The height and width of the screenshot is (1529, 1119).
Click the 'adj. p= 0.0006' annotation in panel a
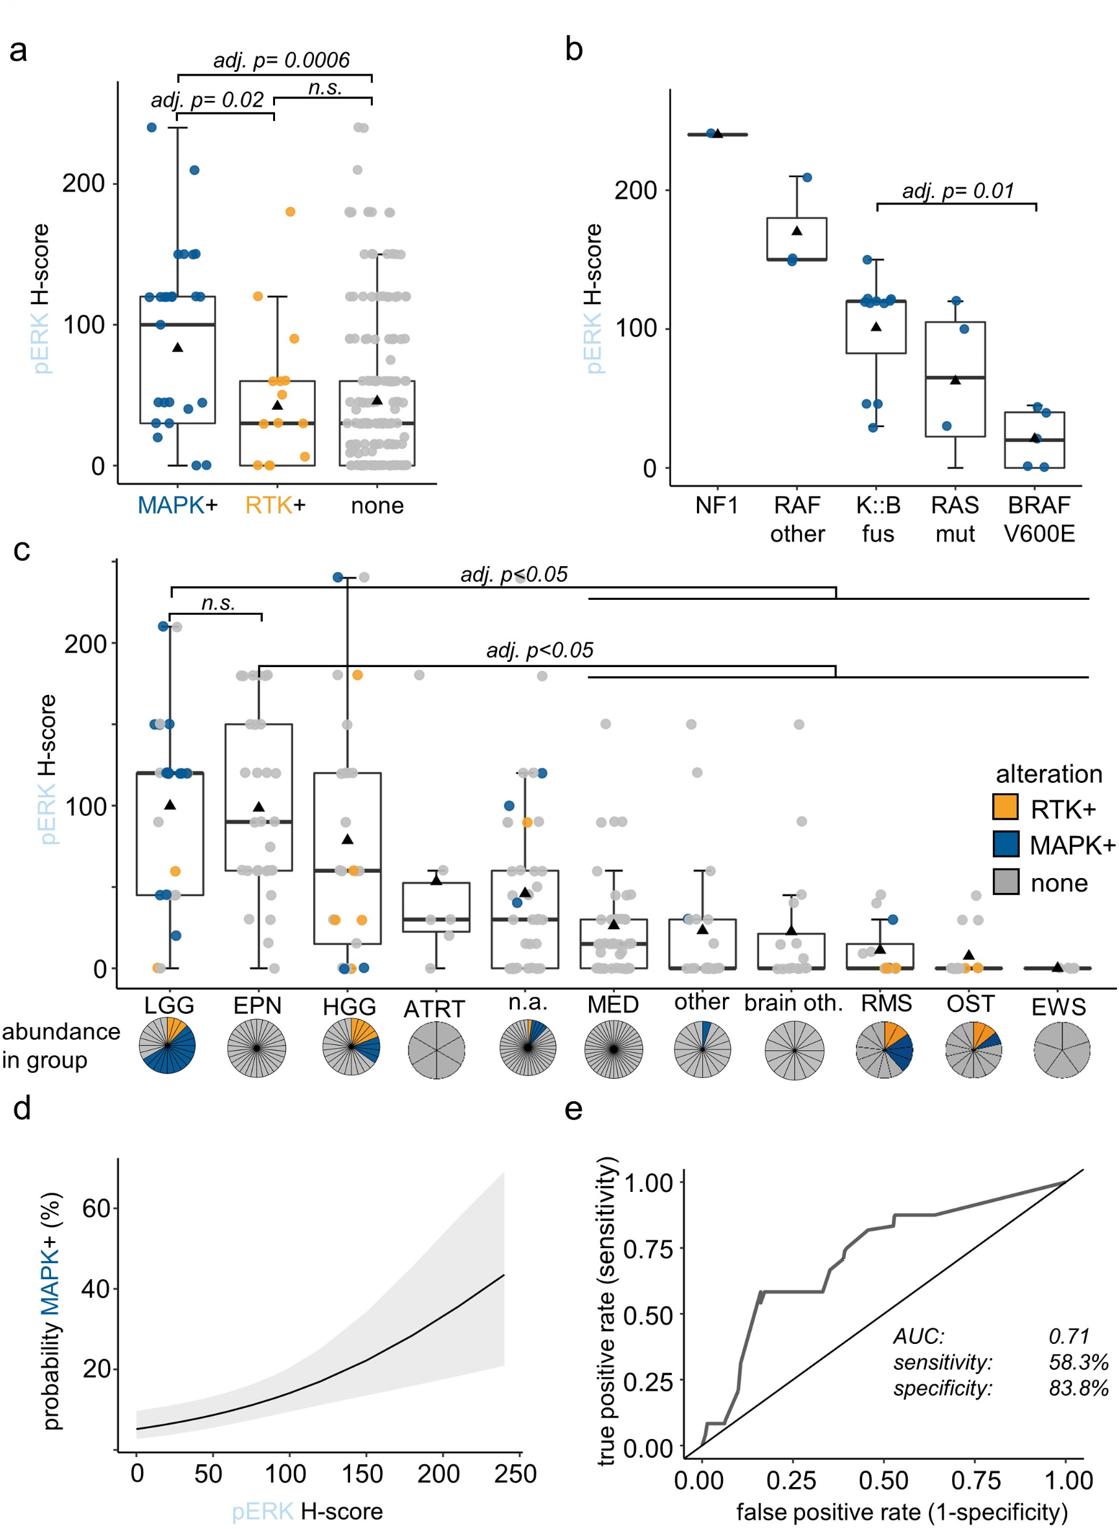pos(281,60)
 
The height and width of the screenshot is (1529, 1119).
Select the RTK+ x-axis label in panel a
pos(275,505)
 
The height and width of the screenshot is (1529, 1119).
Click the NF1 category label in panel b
pos(716,505)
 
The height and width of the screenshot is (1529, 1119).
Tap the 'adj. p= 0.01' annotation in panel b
pos(958,190)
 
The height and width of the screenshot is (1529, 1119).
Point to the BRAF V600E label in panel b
pos(1038,520)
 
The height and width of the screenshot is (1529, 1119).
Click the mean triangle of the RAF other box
pos(797,231)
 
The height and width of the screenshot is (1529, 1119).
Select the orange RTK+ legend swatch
pos(1005,806)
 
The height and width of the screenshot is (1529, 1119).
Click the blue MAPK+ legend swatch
pos(1005,844)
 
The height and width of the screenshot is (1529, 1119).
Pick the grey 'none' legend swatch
pos(1005,882)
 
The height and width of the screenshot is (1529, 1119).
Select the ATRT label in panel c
pos(434,1009)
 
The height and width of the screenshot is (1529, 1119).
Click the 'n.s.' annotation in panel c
pos(218,602)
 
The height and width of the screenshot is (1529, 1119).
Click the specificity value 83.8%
pos(1078,1388)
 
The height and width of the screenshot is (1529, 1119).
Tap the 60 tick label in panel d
pos(96,1208)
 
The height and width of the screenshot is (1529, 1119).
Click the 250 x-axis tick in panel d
pos(515,1474)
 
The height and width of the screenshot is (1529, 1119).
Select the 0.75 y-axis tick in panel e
pos(648,1249)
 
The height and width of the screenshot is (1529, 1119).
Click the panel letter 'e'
pos(573,1109)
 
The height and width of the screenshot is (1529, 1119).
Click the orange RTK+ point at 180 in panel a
pos(290,212)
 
